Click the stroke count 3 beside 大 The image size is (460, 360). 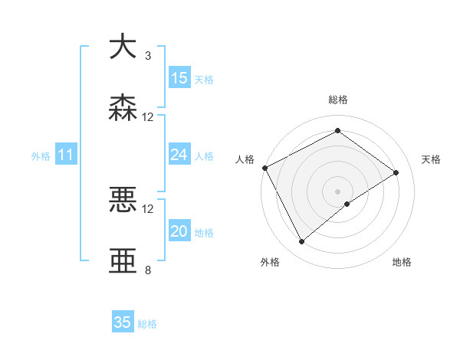148,56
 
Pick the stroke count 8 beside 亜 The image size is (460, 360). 148,270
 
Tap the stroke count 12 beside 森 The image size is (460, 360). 148,117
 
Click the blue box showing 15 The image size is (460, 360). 179,78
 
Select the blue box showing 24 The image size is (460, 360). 179,155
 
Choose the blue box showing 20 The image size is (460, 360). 179,231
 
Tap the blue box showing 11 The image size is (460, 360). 66,155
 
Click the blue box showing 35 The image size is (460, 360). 123,322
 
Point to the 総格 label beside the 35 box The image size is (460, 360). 147,324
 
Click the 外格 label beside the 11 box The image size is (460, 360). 41,156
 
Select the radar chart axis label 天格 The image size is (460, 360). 432,159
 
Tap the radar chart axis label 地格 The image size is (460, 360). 402,263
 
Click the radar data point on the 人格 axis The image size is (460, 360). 264,168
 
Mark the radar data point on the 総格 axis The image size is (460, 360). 337,131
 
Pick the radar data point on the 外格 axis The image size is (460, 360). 301,242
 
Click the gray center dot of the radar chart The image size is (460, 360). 337,191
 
